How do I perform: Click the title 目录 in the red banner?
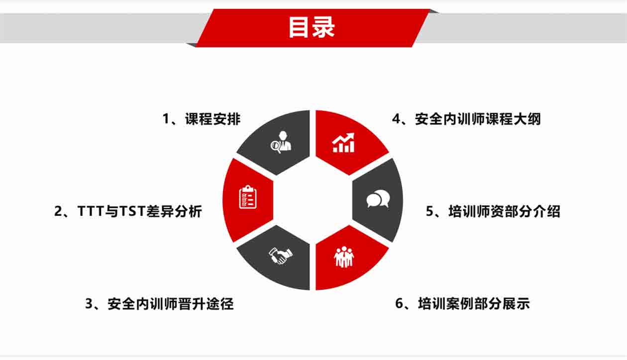tap(312, 27)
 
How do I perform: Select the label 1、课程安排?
tap(202, 119)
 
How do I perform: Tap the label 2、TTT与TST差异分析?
tap(128, 211)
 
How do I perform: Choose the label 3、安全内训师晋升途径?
tap(159, 304)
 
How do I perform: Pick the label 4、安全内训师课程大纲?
tap(466, 119)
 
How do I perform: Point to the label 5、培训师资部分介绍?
tap(493, 211)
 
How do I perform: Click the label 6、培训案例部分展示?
tap(462, 304)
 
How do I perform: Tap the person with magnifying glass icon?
tap(281, 142)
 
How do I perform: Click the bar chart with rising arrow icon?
tap(343, 142)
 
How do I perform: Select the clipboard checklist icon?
tap(248, 197)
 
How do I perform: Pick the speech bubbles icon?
tap(378, 198)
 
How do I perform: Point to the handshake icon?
tap(281, 255)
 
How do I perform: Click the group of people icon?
tap(344, 257)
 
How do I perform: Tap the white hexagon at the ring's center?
tap(313, 200)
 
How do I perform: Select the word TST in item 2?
tap(132, 211)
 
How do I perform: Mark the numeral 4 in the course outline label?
tap(396, 119)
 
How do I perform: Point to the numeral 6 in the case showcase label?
tap(399, 304)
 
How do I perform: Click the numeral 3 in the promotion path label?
tap(89, 304)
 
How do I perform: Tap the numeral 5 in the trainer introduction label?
tap(429, 211)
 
